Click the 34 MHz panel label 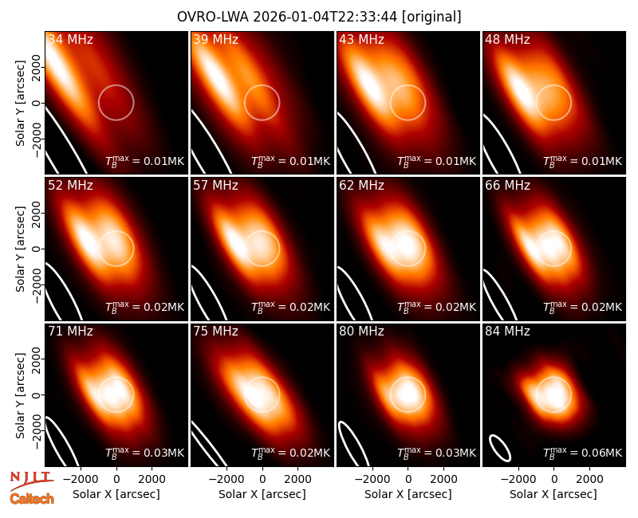pos(70,39)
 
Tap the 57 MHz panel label pos(215,186)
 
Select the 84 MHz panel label pos(507,332)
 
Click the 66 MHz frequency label pos(507,186)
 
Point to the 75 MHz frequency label pos(215,332)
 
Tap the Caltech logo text pos(32,499)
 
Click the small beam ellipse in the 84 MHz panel pos(500,448)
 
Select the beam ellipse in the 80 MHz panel pos(353,444)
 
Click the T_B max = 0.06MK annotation pos(583,453)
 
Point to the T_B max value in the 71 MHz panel pos(145,453)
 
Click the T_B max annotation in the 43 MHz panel pos(436,161)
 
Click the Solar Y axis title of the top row pos(19,104)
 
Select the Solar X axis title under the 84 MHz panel pos(553,494)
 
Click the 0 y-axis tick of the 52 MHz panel pos(37,249)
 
